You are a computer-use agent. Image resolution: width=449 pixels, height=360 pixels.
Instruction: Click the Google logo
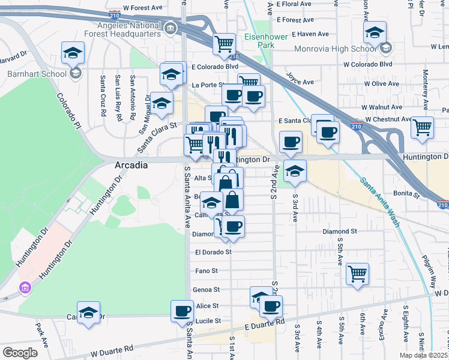(20, 352)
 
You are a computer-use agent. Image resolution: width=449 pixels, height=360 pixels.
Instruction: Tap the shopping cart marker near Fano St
(357, 273)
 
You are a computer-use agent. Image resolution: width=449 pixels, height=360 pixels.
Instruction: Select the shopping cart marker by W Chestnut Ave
(422, 127)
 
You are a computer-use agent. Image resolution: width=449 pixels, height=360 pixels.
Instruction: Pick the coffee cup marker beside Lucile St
(182, 311)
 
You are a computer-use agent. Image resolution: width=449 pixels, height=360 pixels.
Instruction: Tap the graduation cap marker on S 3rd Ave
(295, 170)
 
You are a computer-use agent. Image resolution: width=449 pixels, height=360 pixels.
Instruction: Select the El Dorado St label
(213, 253)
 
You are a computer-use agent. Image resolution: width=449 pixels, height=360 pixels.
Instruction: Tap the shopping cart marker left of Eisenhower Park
(224, 43)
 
